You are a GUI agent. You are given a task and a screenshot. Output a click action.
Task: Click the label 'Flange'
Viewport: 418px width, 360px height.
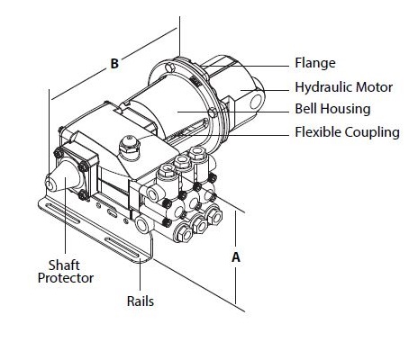pos(314,64)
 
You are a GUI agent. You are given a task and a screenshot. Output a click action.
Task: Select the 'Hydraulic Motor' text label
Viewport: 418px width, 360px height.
pos(344,87)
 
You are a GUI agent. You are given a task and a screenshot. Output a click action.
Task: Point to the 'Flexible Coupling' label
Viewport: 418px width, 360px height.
pos(347,133)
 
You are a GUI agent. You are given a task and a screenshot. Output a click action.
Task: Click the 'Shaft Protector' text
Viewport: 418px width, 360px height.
pos(65,271)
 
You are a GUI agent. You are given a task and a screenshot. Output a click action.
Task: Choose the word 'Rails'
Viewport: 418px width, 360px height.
pos(141,301)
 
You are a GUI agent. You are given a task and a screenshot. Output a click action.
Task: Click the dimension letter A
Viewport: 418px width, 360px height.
pos(236,256)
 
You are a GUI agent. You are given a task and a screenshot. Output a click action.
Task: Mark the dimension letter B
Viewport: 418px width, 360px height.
pos(114,64)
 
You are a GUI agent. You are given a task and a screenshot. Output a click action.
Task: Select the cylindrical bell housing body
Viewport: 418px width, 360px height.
pos(162,112)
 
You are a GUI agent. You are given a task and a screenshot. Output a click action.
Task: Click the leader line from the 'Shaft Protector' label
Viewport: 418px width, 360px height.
pos(65,229)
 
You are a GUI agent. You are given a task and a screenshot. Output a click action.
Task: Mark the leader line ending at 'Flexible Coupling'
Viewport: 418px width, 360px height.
pos(261,133)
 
